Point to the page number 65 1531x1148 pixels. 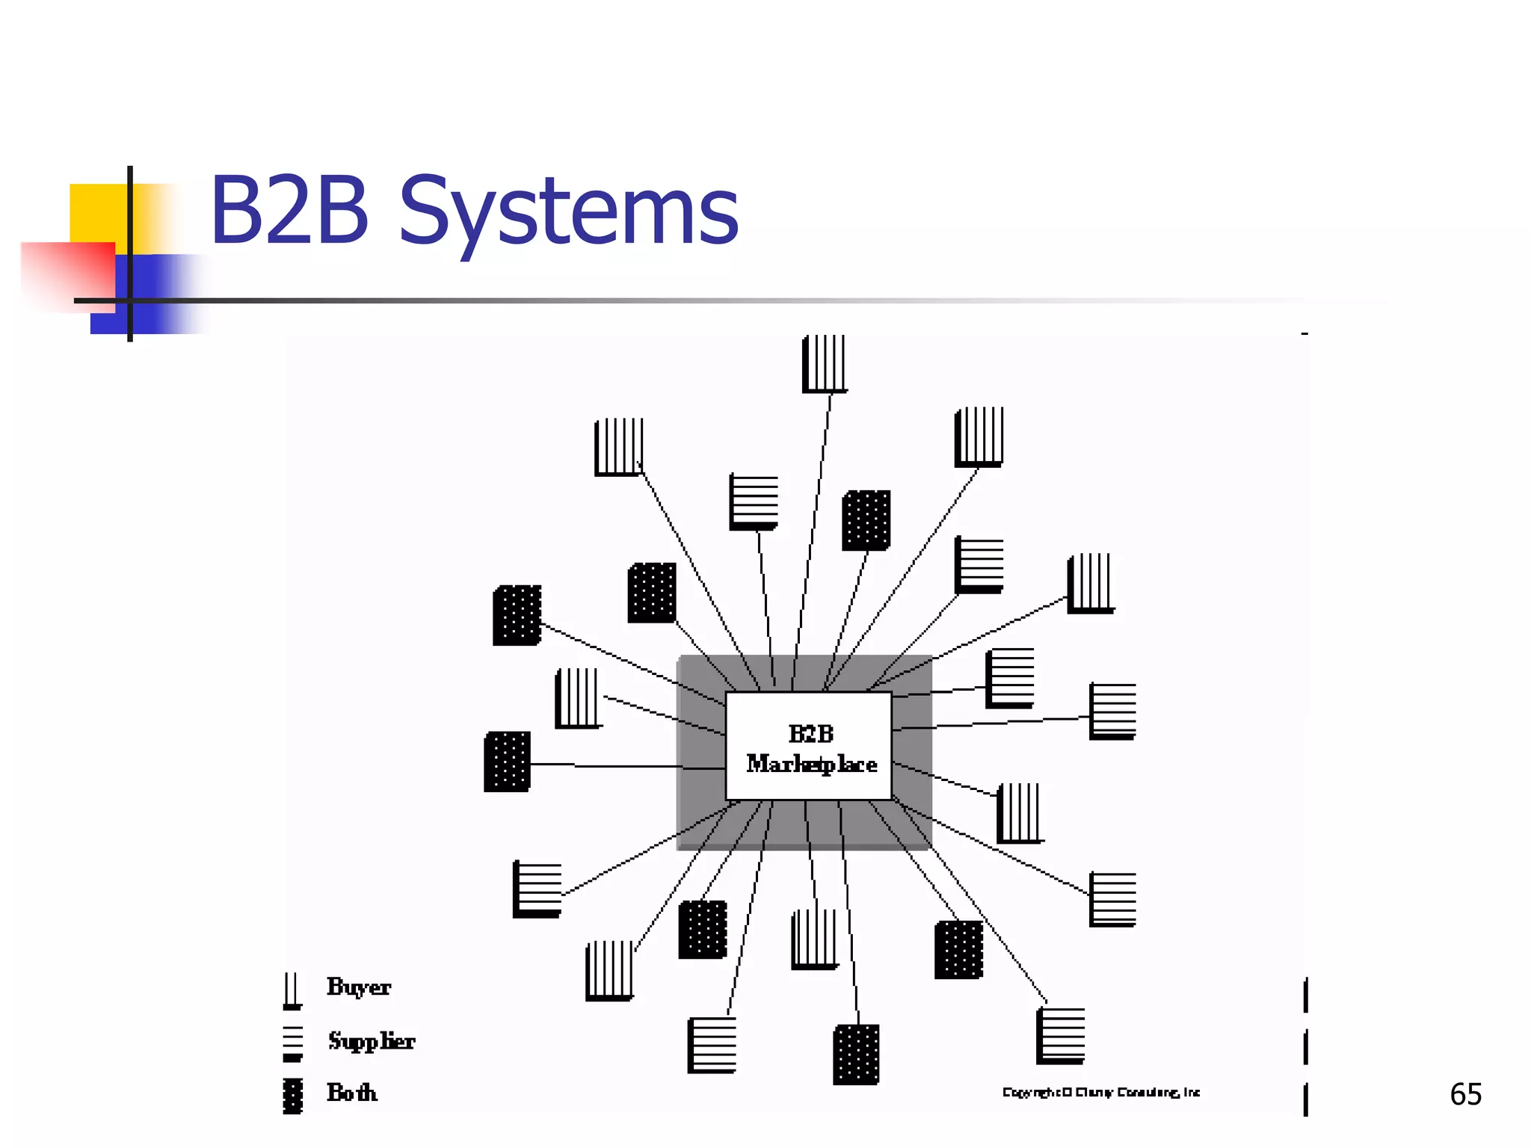point(1465,1094)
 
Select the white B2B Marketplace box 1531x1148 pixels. point(809,746)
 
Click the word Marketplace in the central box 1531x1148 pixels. point(812,764)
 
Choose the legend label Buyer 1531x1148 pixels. point(359,987)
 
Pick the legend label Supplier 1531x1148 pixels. point(371,1040)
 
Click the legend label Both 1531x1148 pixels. point(352,1093)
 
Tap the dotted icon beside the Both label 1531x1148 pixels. point(293,1096)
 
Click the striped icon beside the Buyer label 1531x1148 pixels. point(292,990)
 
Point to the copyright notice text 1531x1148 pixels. point(1100,1092)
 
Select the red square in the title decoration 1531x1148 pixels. point(67,273)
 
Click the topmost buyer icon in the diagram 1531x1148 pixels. point(825,364)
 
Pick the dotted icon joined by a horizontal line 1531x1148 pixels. point(508,762)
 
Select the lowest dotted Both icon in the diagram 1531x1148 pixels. point(856,1054)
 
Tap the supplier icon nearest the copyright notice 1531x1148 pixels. point(1061,1036)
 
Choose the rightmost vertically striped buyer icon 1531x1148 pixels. point(1091,583)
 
